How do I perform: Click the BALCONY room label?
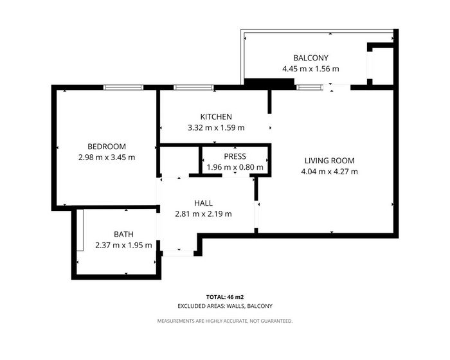click(310, 58)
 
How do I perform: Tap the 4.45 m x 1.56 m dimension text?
click(310, 69)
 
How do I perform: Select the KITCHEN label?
click(216, 117)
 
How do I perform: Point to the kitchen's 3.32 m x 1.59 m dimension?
click(216, 128)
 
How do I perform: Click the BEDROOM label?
click(107, 147)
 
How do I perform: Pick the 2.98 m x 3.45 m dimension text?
click(107, 157)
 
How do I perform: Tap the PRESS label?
click(235, 156)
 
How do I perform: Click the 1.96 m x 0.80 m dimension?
click(235, 167)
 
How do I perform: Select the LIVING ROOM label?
click(329, 161)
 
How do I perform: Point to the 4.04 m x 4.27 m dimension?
click(329, 172)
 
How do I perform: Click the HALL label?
click(203, 203)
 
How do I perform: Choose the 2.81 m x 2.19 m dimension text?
click(203, 214)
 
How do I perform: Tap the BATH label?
click(123, 235)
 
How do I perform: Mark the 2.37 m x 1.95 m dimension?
click(123, 246)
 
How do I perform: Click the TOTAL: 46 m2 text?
click(225, 297)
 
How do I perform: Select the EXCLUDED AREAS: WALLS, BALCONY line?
click(225, 306)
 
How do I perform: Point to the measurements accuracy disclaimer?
click(225, 321)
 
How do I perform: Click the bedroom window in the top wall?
click(123, 87)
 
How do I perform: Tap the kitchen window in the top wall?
click(194, 87)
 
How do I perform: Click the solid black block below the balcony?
click(269, 84)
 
